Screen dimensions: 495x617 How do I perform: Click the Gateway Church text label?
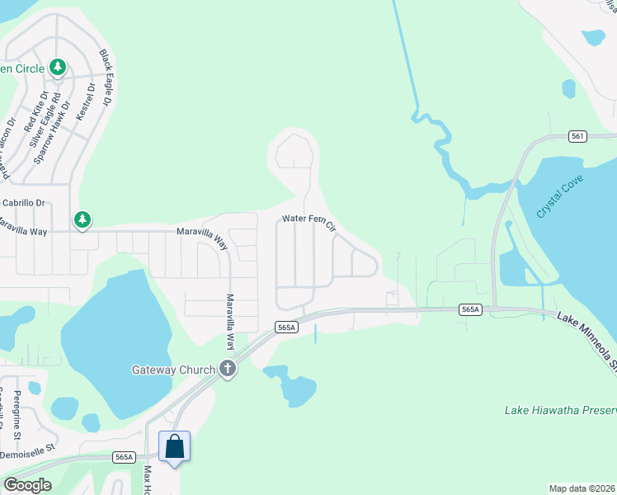[173, 370]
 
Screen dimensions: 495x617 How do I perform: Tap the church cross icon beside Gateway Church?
[228, 370]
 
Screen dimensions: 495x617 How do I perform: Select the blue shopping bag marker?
[175, 447]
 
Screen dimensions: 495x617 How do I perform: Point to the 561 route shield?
[577, 136]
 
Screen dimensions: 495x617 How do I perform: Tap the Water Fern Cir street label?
[309, 221]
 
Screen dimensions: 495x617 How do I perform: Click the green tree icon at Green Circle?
[58, 67]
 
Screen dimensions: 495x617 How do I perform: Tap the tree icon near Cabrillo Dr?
[82, 219]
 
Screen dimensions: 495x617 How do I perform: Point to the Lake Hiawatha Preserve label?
[560, 410]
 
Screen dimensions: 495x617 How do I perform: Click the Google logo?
[27, 484]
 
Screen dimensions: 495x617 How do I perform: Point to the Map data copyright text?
[582, 488]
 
